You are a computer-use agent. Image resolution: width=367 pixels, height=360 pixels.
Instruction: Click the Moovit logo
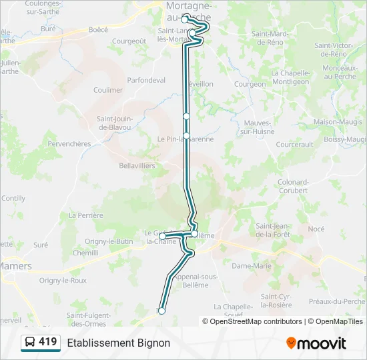click(316, 343)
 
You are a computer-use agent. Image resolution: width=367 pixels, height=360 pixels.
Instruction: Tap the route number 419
click(47, 342)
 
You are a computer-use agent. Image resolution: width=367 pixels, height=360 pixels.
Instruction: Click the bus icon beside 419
click(29, 343)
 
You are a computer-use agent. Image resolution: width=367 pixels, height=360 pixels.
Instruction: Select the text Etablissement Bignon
click(118, 343)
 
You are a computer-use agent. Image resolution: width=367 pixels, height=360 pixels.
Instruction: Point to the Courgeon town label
click(250, 85)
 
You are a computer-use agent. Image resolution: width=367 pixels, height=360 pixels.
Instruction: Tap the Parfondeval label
click(146, 80)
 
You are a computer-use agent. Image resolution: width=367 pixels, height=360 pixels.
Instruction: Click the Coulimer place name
click(108, 90)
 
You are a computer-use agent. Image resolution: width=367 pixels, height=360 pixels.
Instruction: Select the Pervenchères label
click(69, 143)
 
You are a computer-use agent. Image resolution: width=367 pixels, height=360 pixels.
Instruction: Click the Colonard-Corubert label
click(293, 186)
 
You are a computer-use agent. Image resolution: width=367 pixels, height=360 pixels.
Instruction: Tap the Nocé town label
click(316, 229)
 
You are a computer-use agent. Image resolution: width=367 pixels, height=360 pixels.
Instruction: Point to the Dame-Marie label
click(252, 265)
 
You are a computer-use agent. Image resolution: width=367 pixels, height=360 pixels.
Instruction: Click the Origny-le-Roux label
click(63, 281)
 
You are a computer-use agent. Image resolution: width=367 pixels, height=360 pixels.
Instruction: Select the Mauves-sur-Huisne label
click(257, 127)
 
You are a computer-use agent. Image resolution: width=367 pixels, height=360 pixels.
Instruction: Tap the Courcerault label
click(294, 144)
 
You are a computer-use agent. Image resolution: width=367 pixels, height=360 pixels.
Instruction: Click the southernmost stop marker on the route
click(161, 311)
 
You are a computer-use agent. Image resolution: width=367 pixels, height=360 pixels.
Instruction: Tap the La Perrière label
click(86, 215)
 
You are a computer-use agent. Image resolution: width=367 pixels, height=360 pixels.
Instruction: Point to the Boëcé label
click(98, 29)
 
